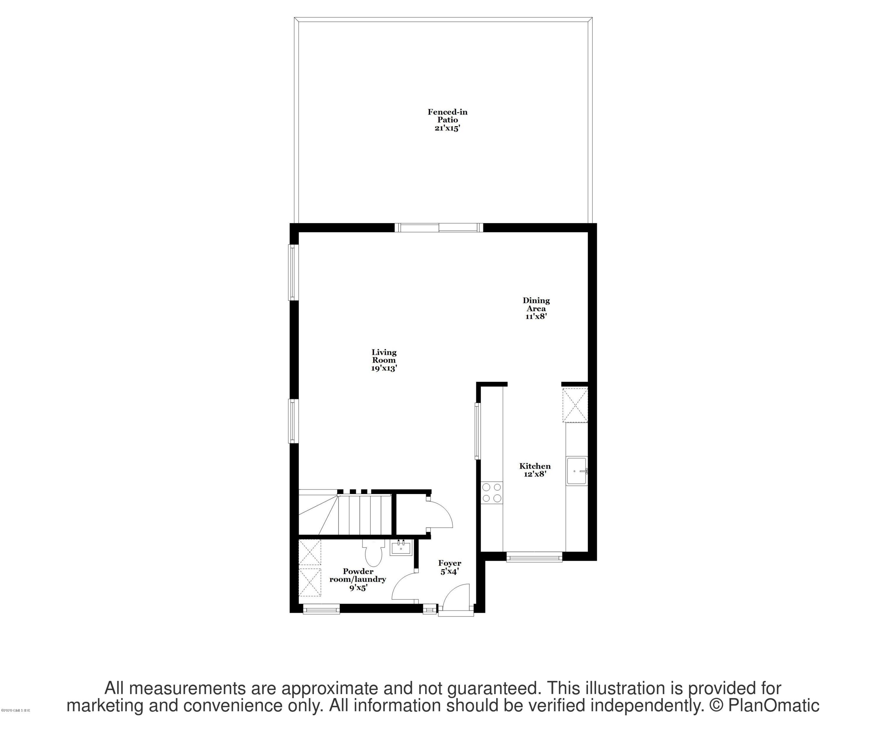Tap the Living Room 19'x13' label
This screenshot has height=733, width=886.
[384, 360]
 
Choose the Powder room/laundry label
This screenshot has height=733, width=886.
[358, 579]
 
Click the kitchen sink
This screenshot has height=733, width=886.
[576, 471]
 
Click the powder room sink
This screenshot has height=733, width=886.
[401, 548]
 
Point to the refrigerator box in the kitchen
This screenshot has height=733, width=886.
[575, 405]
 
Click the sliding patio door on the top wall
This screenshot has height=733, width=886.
[439, 228]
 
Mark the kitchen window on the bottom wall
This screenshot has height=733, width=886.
[534, 557]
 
